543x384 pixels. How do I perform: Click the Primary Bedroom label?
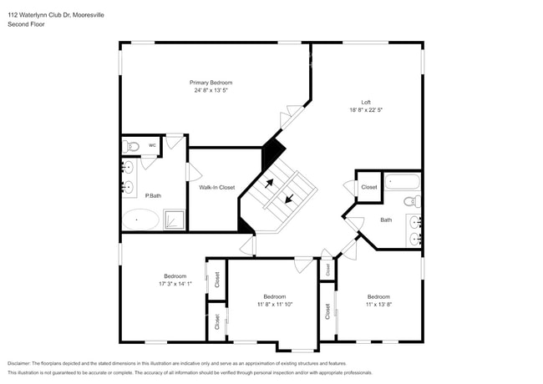[x=211, y=83]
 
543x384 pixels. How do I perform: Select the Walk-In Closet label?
[x=216, y=188]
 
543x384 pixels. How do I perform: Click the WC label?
[x=152, y=145]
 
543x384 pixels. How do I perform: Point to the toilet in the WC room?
[x=130, y=146]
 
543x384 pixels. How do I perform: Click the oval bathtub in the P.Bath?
[x=140, y=220]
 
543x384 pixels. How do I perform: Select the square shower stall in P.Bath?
[x=174, y=220]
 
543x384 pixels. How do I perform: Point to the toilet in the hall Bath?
[x=412, y=201]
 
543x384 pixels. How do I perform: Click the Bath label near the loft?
[x=386, y=220]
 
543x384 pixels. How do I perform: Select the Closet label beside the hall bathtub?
[x=368, y=187]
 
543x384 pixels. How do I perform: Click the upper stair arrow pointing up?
[x=269, y=184]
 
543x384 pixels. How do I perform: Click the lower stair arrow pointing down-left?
[x=290, y=199]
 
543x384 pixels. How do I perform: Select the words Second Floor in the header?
[x=26, y=25]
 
